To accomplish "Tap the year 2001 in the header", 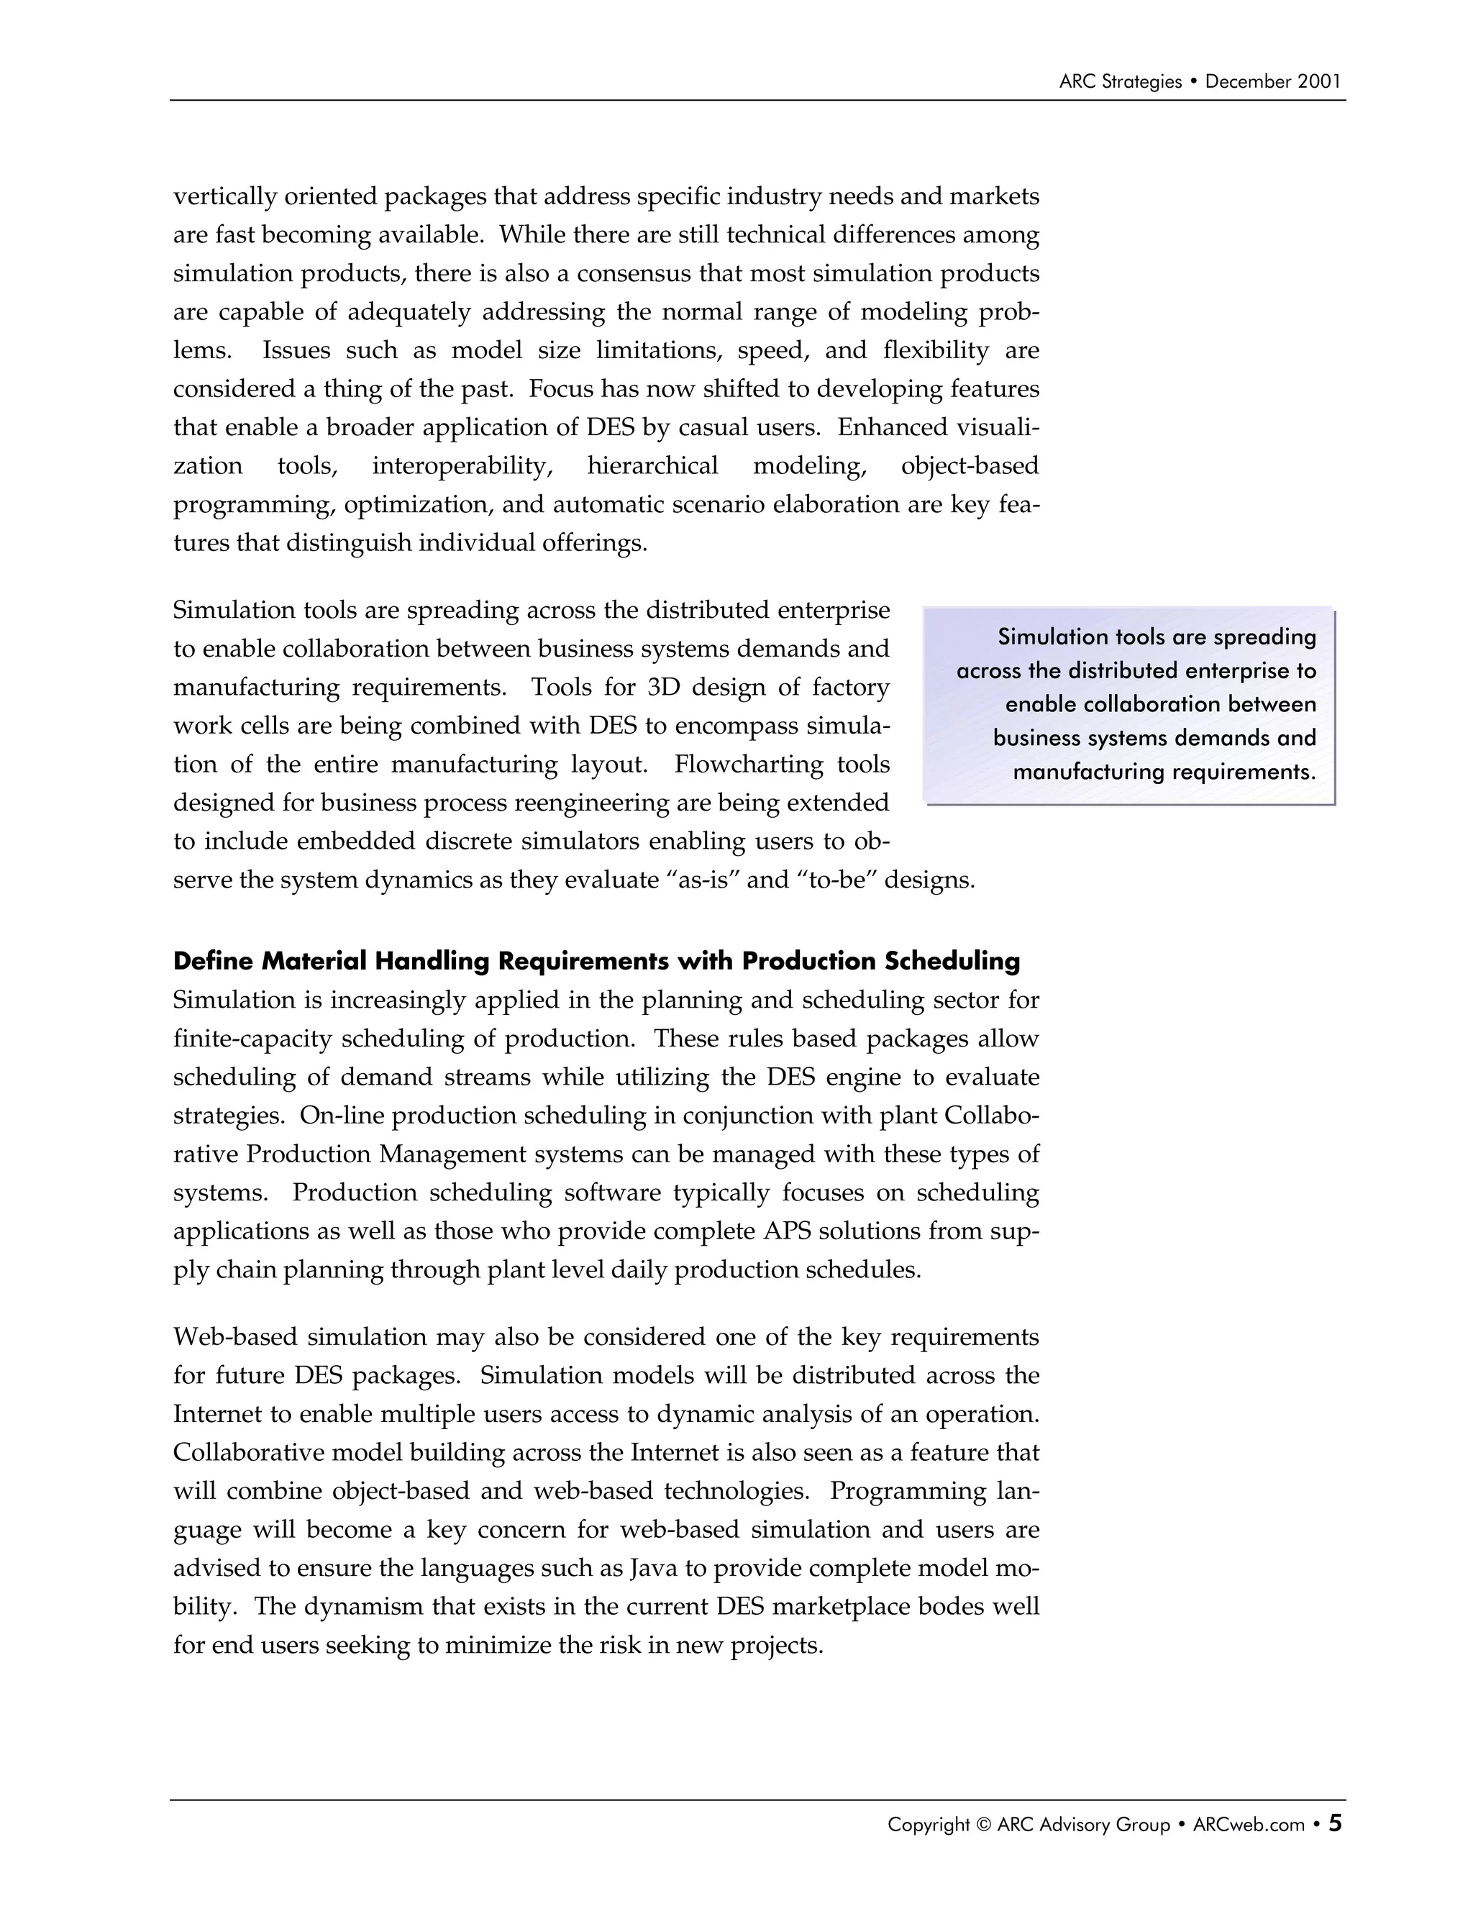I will (1318, 82).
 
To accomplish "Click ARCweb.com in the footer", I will (1249, 1825).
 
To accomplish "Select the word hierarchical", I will (653, 466).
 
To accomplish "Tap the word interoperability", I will (462, 466).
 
